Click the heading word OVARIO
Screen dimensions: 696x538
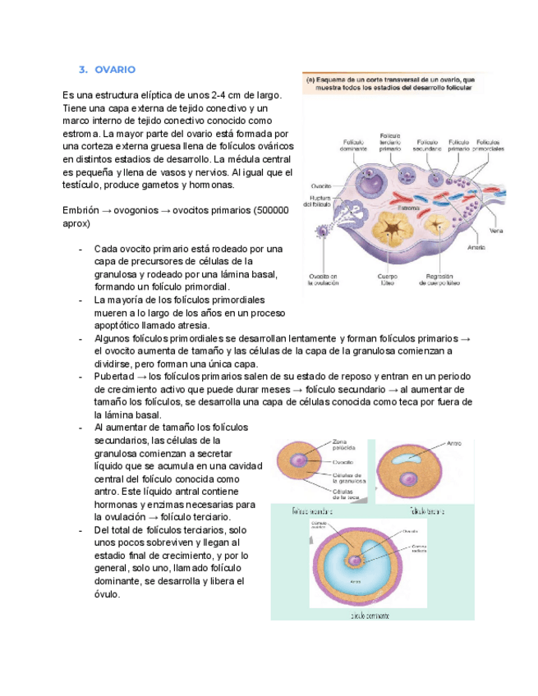(115, 70)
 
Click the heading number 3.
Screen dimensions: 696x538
(83, 70)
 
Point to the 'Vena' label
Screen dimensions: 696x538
(495, 231)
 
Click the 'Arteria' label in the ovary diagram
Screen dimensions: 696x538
(475, 247)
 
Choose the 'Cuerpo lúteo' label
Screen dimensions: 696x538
(387, 280)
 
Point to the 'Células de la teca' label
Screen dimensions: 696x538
(345, 495)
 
